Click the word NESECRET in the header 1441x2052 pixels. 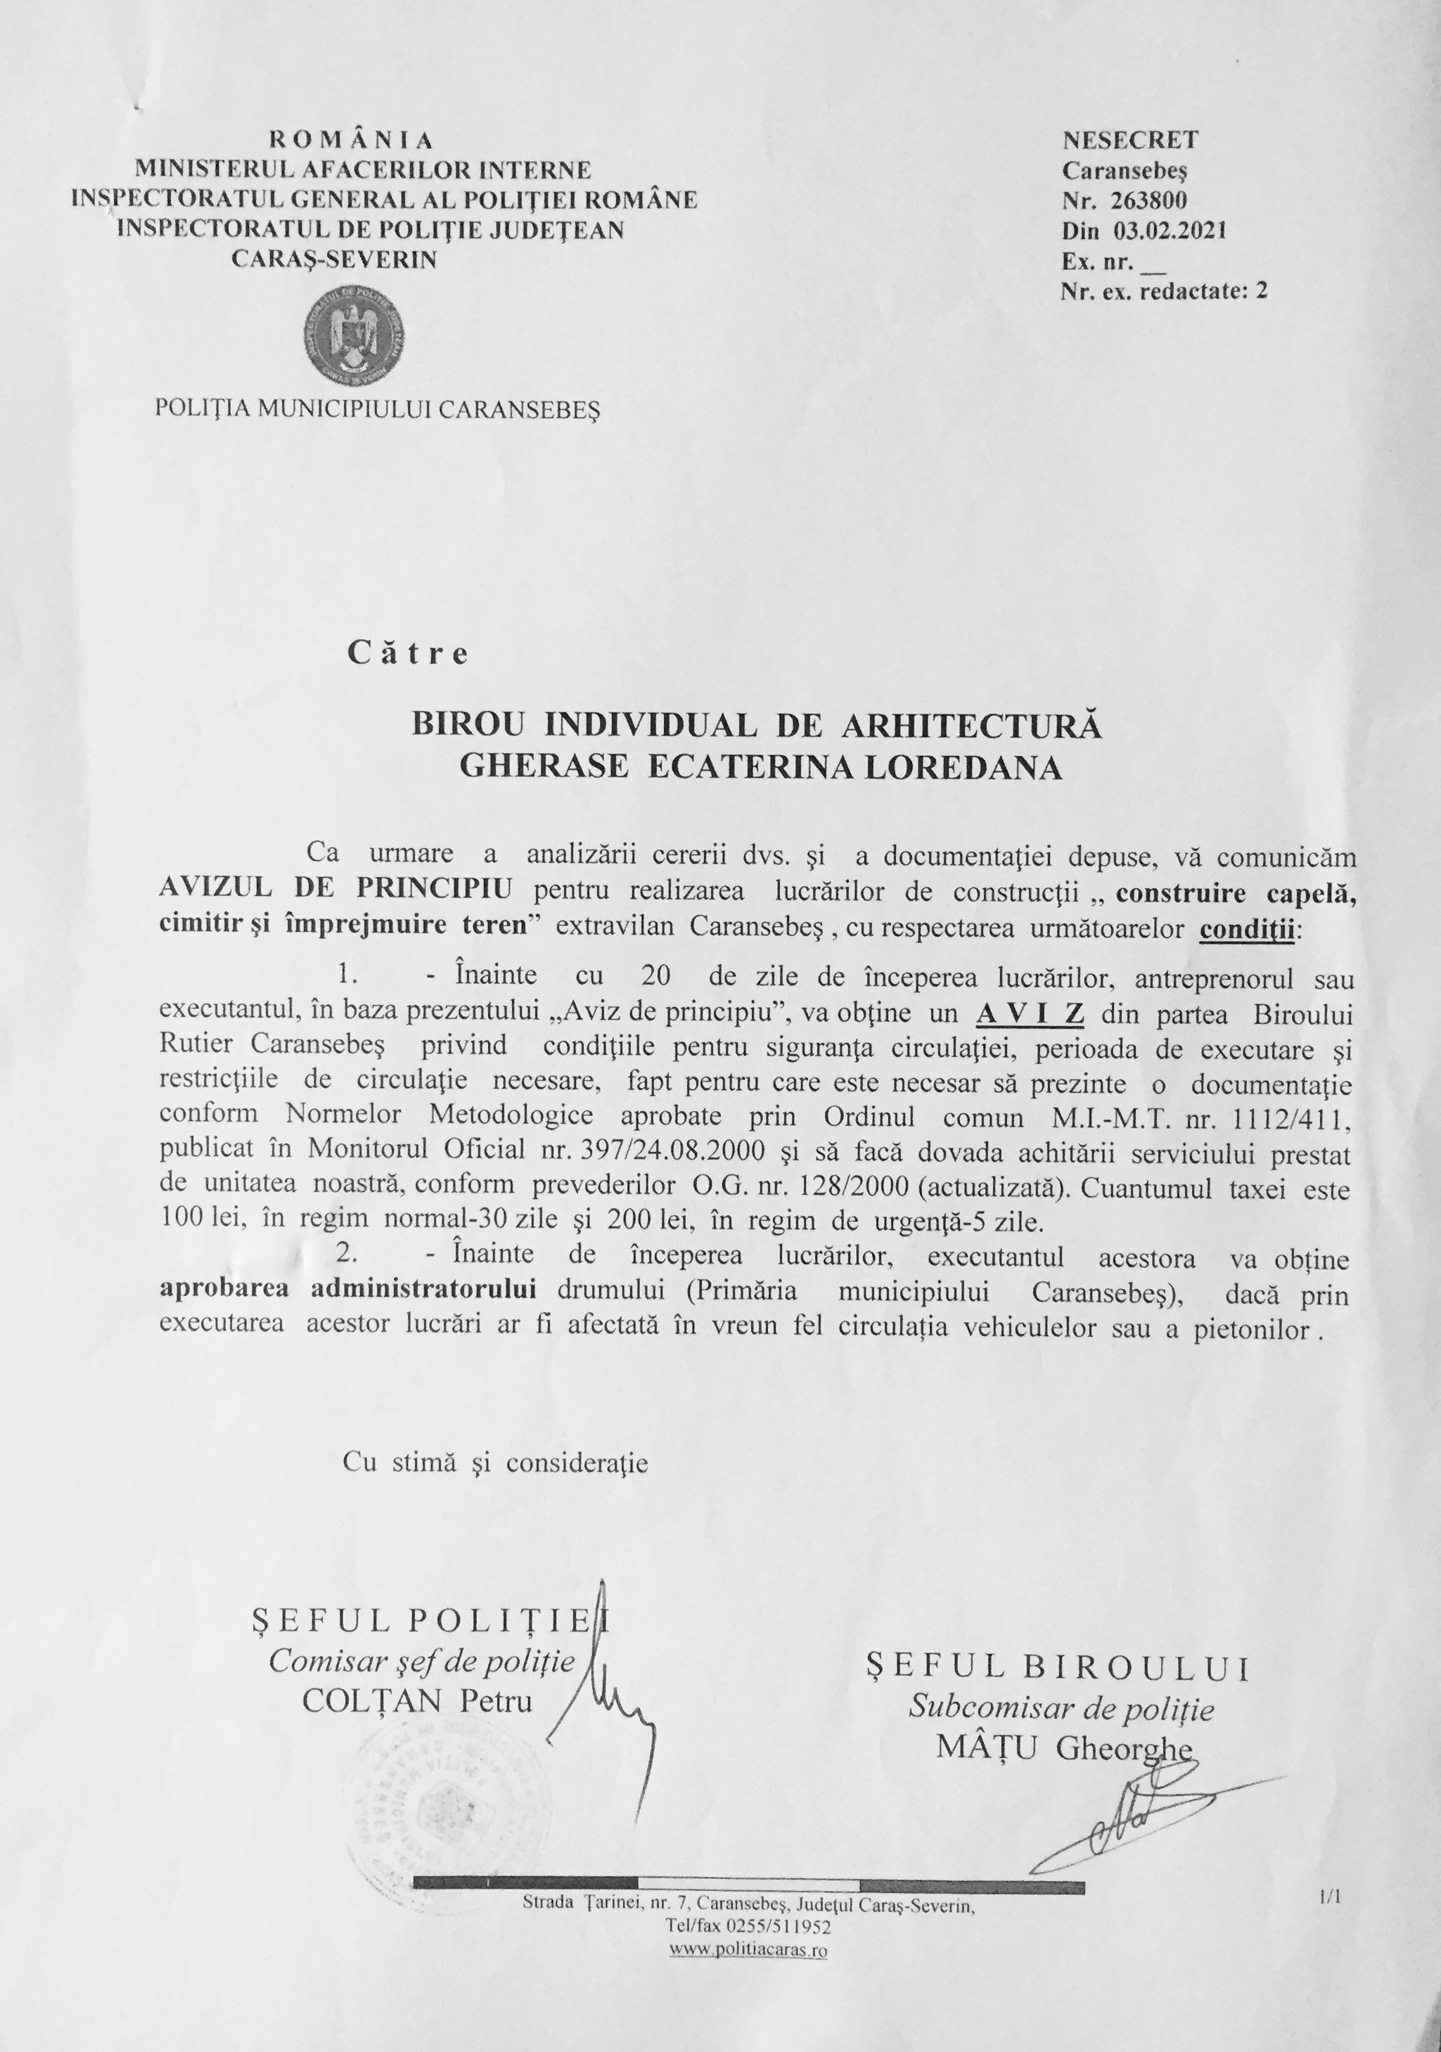pos(1130,141)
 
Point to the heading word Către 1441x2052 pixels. pos(409,654)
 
